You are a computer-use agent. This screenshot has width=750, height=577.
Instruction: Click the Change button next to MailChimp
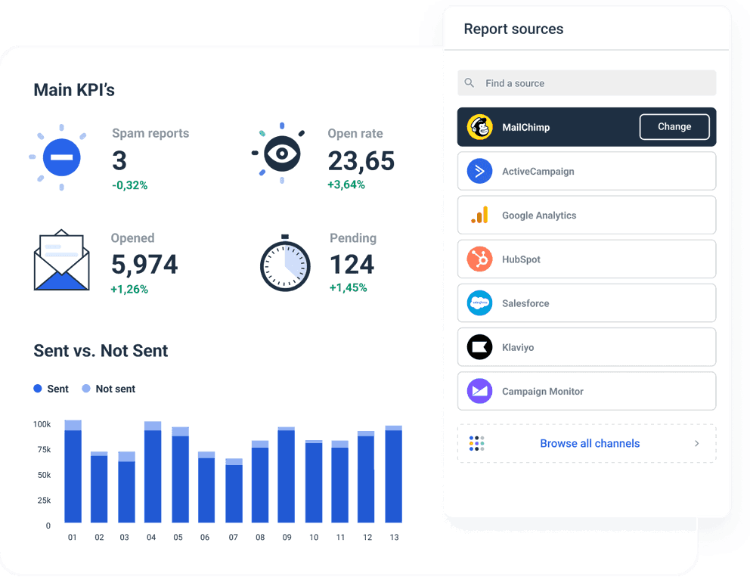674,127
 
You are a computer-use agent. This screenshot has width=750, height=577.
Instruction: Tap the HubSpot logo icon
479,259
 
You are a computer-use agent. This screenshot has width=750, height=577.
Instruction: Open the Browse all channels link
589,444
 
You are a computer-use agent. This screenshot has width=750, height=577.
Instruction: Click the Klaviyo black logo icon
479,347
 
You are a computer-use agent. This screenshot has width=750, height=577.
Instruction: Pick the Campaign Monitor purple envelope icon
479,392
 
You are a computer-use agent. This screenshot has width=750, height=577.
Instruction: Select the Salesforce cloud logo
479,303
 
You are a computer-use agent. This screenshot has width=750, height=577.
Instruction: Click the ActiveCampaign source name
538,172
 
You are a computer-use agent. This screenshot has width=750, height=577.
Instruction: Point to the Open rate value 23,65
361,160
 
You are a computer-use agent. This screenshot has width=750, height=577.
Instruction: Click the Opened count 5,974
144,265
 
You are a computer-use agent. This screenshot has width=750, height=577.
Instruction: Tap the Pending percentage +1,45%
348,288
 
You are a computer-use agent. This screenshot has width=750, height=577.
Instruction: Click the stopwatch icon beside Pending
285,265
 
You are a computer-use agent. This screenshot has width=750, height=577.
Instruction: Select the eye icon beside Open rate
281,154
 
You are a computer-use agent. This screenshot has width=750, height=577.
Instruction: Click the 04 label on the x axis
151,538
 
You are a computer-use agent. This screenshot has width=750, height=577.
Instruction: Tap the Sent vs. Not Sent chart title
101,351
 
